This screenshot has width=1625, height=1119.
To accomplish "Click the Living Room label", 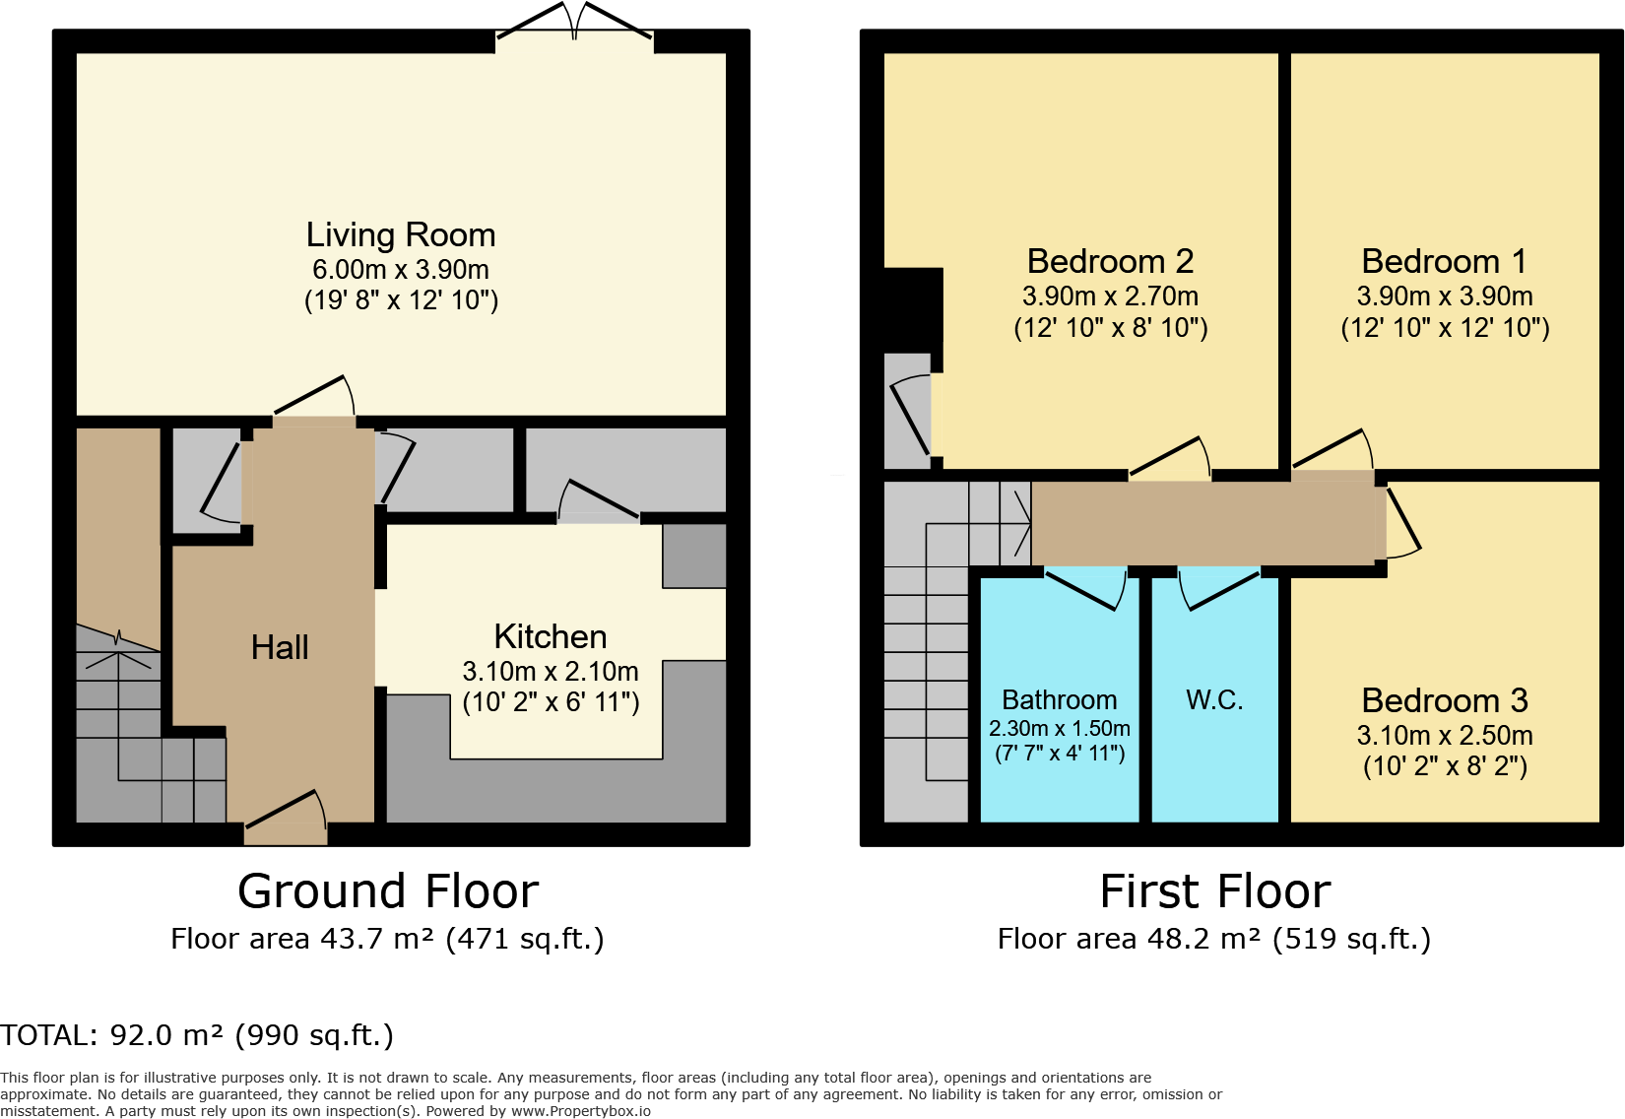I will pos(401,235).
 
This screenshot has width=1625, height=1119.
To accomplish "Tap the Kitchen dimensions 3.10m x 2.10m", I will pos(551,672).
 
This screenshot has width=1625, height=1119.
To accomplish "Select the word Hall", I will pos(280,648).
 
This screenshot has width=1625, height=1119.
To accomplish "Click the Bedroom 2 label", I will pos(1110,262).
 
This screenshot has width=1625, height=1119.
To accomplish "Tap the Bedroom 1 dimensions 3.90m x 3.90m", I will pos(1444,296).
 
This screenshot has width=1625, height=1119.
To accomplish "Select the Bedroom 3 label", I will pos(1444,701).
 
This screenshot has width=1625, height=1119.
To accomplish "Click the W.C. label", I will pos(1214,700).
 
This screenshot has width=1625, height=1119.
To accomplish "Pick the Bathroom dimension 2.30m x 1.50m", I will pos(1060,729).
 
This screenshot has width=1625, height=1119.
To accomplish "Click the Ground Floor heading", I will pos(388,891).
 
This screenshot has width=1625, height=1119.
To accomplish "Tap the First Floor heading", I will pos(1214,891).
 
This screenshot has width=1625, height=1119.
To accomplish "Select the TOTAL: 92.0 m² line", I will pos(197,1036).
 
